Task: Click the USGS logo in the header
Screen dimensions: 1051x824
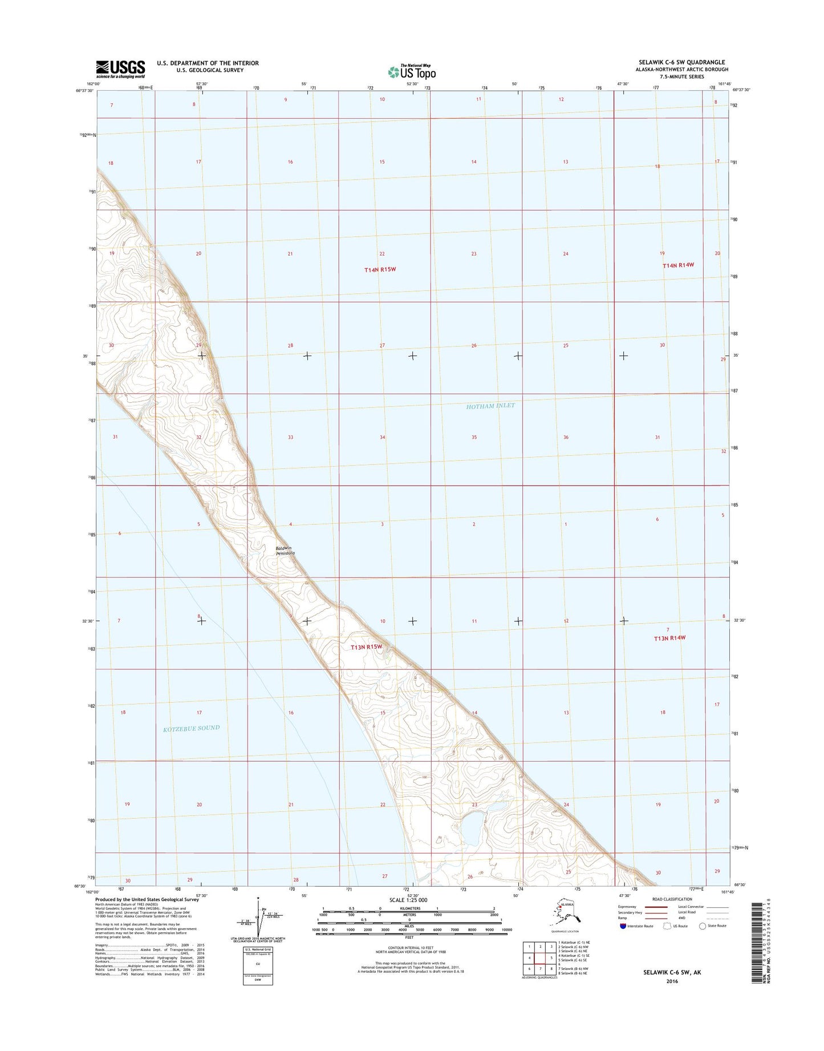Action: tap(120, 68)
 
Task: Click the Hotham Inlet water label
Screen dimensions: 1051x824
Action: tap(490, 406)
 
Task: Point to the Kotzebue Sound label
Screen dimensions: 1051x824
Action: tap(191, 728)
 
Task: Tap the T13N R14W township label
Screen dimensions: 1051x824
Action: tap(669, 638)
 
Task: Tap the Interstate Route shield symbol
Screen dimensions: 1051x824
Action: tap(623, 926)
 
